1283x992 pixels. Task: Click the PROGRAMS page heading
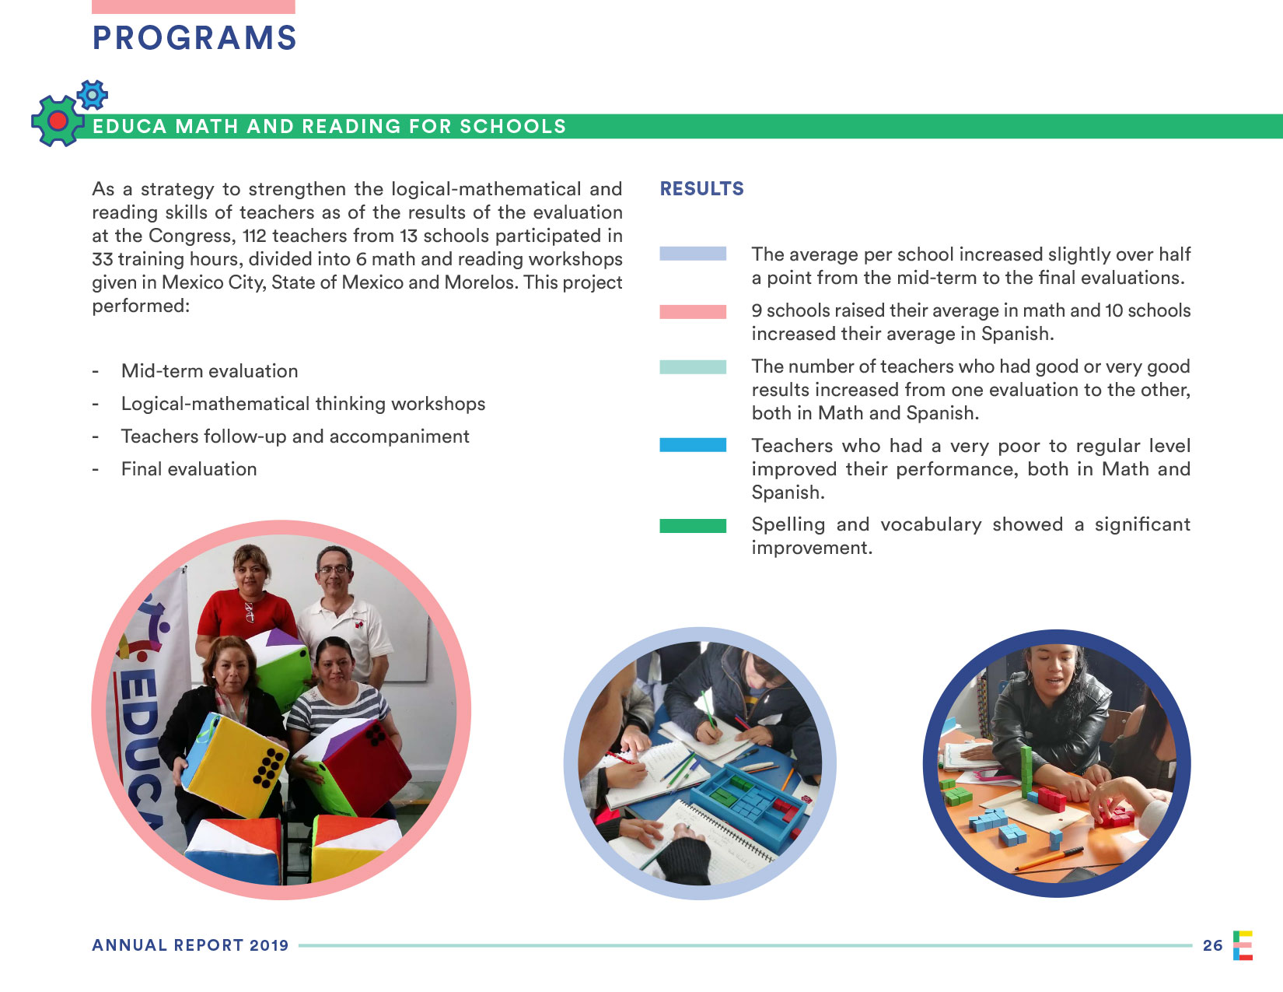(x=194, y=38)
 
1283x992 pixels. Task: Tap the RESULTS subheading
(x=701, y=189)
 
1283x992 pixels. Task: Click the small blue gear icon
(x=93, y=95)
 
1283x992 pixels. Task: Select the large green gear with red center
(x=57, y=121)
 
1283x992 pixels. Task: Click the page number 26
(x=1212, y=945)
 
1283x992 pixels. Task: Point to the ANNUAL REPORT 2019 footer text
(x=190, y=945)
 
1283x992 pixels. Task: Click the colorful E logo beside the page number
(x=1243, y=945)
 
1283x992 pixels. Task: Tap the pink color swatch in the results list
(x=693, y=312)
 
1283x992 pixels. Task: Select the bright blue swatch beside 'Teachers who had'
(x=693, y=445)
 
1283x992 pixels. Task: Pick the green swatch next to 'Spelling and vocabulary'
(x=693, y=526)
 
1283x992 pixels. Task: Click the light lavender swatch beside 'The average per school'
(x=693, y=254)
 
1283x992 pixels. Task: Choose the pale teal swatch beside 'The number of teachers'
(x=693, y=367)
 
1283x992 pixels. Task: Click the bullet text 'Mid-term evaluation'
(x=209, y=371)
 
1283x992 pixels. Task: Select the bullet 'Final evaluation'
(x=189, y=469)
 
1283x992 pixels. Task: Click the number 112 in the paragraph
(x=254, y=236)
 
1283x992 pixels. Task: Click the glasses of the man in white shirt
(x=334, y=570)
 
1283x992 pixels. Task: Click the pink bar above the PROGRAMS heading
(x=193, y=6)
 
